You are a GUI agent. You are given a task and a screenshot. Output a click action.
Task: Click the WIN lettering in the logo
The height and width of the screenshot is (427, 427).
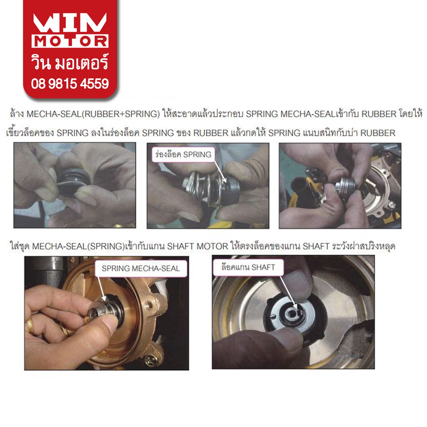tap(70, 23)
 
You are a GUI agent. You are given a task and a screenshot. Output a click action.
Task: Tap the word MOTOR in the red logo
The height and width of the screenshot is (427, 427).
tap(70, 41)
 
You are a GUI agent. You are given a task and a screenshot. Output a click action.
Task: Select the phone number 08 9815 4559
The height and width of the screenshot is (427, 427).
tap(70, 83)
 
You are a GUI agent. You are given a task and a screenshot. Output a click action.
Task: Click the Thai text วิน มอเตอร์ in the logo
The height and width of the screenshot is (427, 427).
tap(70, 62)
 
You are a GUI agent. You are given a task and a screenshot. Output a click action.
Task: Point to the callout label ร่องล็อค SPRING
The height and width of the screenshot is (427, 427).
tap(183, 154)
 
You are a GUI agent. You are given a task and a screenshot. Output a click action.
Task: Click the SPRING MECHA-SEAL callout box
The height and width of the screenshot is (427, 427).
tap(141, 269)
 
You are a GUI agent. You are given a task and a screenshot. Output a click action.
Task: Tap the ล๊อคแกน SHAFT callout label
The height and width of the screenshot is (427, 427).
tap(248, 267)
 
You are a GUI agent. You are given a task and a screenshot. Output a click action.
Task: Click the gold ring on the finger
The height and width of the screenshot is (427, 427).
tap(30, 325)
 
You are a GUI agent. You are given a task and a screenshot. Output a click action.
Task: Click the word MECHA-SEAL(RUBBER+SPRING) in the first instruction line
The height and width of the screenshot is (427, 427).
tap(93, 114)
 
